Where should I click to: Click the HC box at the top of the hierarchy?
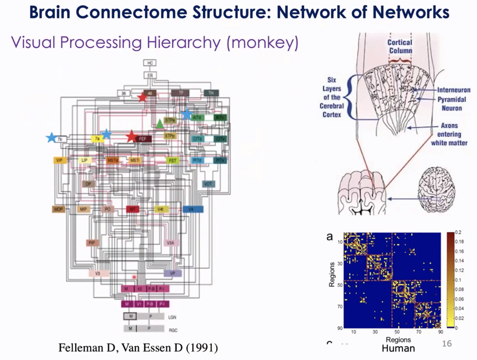pos(151,63)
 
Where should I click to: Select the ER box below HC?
pos(151,76)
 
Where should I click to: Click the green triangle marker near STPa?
pos(160,124)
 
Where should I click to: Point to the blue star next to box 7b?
pos(51,137)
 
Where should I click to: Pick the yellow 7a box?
pos(98,139)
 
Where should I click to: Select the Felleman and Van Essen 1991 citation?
pos(138,347)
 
